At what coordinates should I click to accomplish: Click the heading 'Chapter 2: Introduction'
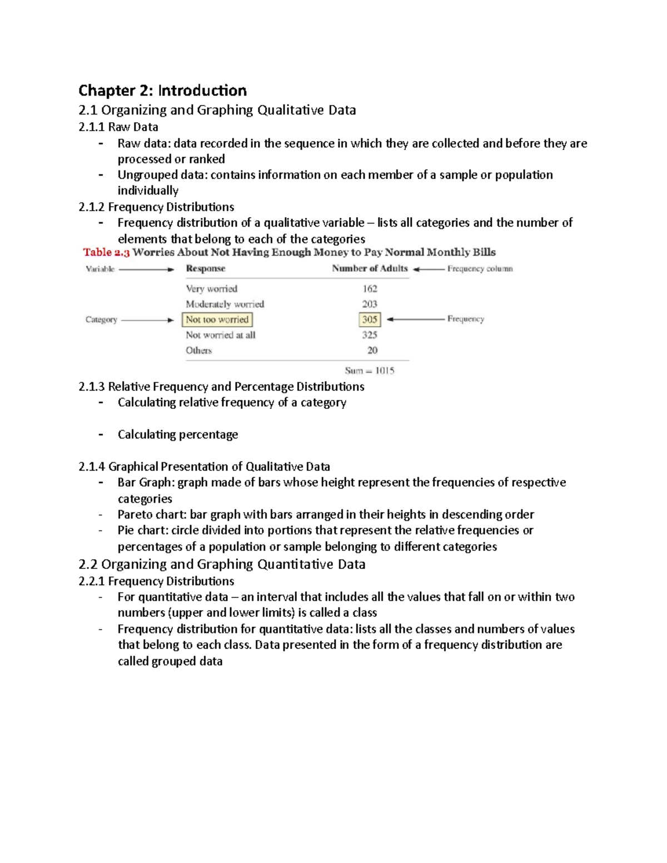pyautogui.click(x=162, y=91)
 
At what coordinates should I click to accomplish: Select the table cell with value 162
pyautogui.click(x=370, y=288)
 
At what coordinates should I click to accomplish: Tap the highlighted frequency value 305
pyautogui.click(x=370, y=320)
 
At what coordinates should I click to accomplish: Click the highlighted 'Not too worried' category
pyautogui.click(x=217, y=320)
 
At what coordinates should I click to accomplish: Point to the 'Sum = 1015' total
pyautogui.click(x=369, y=371)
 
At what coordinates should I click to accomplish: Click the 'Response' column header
pyautogui.click(x=205, y=268)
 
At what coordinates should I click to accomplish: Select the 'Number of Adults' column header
pyautogui.click(x=370, y=268)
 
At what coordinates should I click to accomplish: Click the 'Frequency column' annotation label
pyautogui.click(x=480, y=268)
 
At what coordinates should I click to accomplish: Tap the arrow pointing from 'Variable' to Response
pyautogui.click(x=147, y=269)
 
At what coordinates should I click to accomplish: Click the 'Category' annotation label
pyautogui.click(x=101, y=320)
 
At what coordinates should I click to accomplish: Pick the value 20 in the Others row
pyautogui.click(x=372, y=350)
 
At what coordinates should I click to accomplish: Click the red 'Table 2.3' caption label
pyautogui.click(x=106, y=252)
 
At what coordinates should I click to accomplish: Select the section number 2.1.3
pyautogui.click(x=91, y=387)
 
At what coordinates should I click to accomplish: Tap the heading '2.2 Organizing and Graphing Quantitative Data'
pyautogui.click(x=222, y=565)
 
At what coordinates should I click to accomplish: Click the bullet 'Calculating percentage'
pyautogui.click(x=177, y=435)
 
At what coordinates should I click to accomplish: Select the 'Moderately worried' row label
pyautogui.click(x=225, y=304)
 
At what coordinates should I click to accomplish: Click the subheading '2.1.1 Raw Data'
pyautogui.click(x=118, y=127)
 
